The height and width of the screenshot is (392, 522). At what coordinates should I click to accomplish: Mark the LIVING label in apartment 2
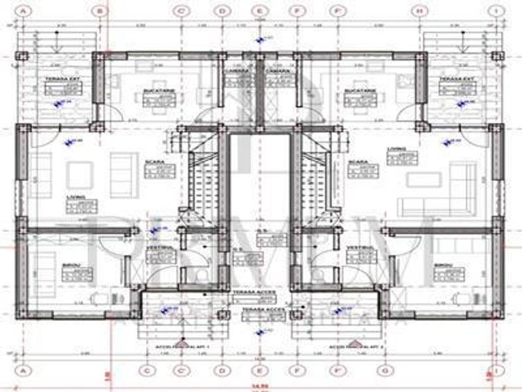(397, 149)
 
